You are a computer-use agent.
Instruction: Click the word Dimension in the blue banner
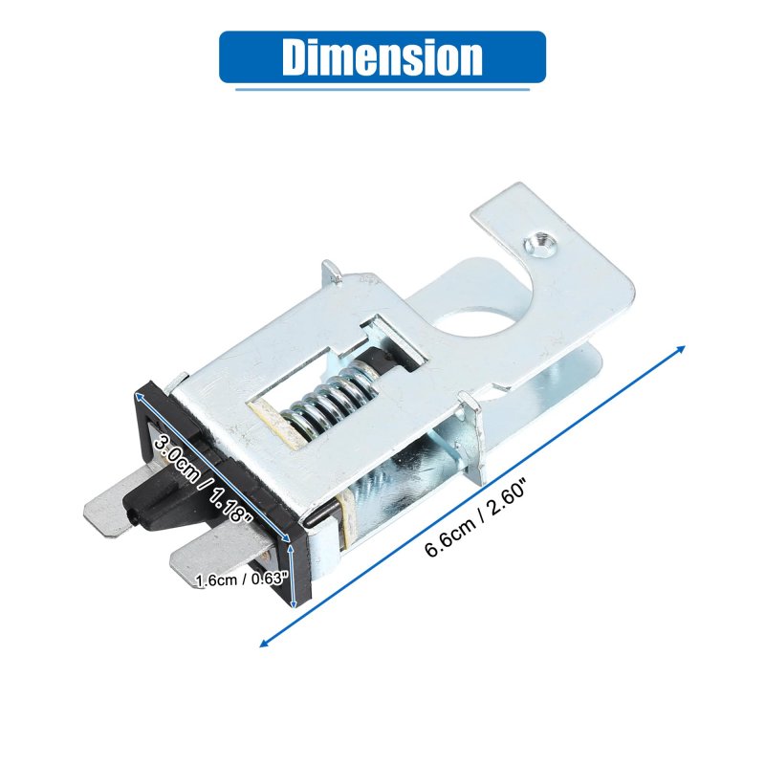click(x=382, y=56)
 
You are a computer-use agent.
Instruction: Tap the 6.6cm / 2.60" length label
click(x=476, y=518)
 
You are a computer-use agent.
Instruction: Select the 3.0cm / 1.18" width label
click(x=203, y=480)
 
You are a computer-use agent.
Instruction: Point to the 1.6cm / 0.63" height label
click(x=240, y=579)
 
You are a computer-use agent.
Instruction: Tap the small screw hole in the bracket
click(x=540, y=243)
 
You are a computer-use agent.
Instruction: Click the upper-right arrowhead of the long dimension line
click(x=682, y=348)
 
